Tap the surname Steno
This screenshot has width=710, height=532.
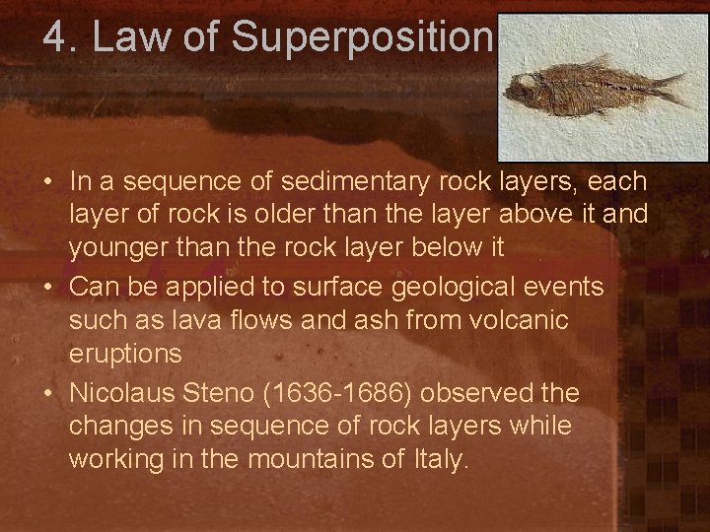pos(226,393)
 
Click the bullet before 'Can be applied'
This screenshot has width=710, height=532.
pos(48,288)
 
